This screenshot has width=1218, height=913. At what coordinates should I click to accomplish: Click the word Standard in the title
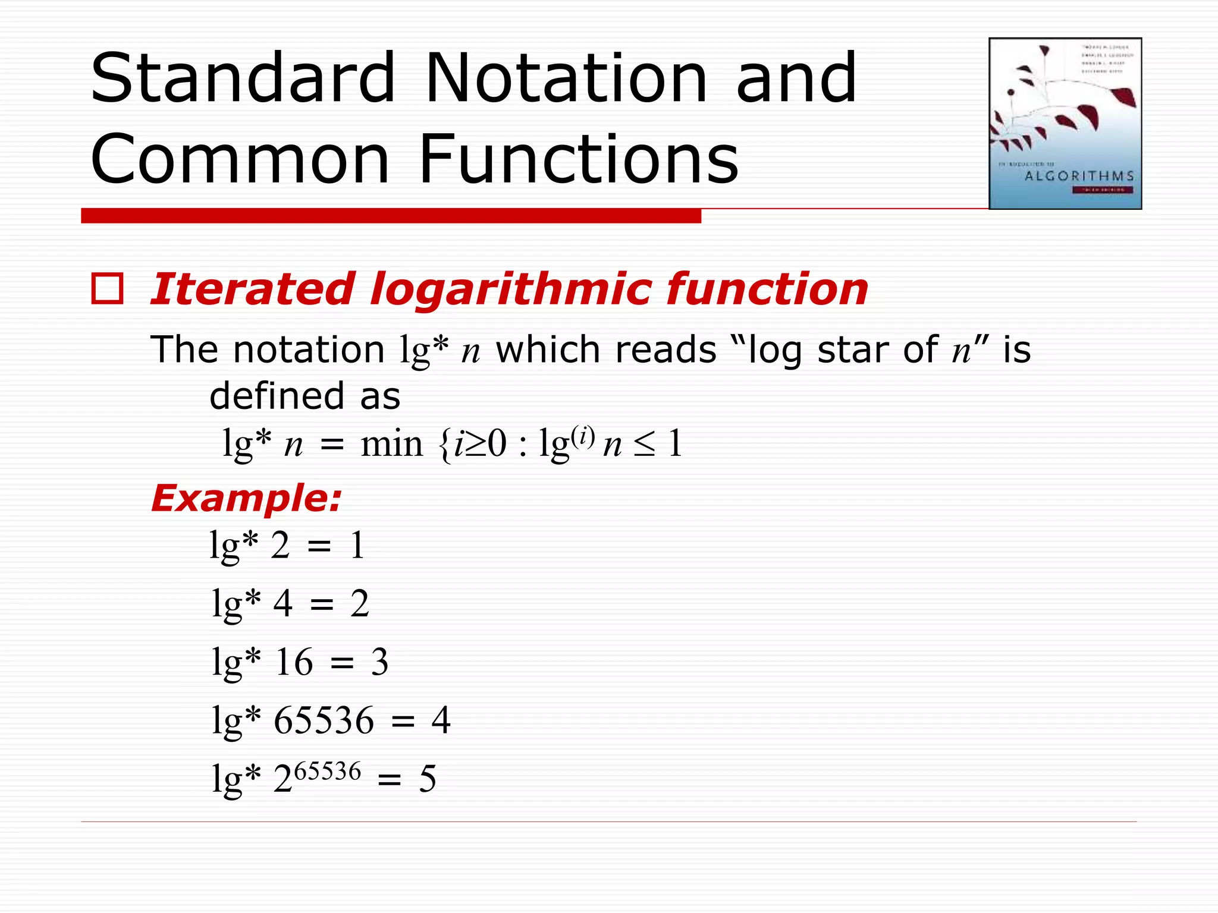click(x=243, y=78)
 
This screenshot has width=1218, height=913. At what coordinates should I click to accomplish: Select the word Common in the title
click(x=240, y=159)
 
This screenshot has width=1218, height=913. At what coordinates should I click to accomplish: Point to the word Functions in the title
click(x=578, y=159)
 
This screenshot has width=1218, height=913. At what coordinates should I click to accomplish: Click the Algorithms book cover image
click(x=1065, y=123)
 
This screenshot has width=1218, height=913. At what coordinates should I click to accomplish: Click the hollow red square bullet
click(x=108, y=289)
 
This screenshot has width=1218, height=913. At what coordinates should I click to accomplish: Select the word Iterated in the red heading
click(x=252, y=289)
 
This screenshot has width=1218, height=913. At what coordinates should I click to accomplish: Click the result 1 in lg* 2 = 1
click(x=357, y=545)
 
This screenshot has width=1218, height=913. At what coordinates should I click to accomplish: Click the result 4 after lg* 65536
click(x=441, y=720)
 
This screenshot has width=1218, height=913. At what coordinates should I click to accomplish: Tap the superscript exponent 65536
click(x=328, y=771)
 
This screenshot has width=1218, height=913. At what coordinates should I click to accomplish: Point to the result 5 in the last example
click(x=428, y=779)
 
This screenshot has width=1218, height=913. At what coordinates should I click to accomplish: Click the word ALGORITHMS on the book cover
click(x=1079, y=176)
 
